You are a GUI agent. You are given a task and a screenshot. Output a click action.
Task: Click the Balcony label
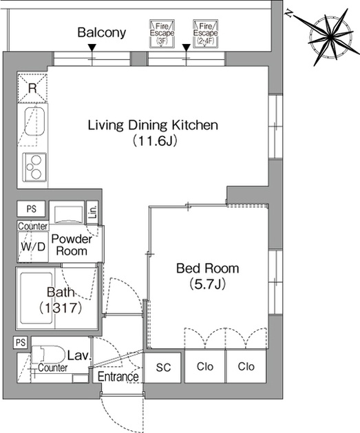pos(102,32)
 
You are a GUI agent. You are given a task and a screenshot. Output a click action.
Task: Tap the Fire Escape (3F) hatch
pos(162,34)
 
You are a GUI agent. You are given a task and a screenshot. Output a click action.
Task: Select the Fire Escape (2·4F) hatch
pos(206,34)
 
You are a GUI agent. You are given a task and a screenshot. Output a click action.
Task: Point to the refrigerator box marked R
pos(32,88)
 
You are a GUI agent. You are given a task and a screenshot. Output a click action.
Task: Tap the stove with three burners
pos(34,167)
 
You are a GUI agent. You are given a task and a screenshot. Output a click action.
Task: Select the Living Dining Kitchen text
pos(153,125)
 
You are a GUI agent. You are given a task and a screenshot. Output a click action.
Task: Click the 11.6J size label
pos(154,141)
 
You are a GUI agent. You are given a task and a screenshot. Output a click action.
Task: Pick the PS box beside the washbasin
pos(31,209)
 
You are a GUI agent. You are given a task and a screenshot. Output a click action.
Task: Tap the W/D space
pos(33,246)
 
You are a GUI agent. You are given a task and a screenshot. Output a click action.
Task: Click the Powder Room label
pos(72,244)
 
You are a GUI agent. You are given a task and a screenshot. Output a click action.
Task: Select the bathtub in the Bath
pos(36,298)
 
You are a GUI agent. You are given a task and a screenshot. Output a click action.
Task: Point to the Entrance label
pos(118,377)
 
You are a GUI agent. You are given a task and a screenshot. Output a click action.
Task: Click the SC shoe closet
pos(163,368)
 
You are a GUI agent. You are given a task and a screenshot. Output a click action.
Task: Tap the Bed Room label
pos(208,268)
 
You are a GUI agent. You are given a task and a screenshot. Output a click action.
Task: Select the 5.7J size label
pos(208,284)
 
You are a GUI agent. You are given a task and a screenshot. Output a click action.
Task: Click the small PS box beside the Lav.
pos(21,342)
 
